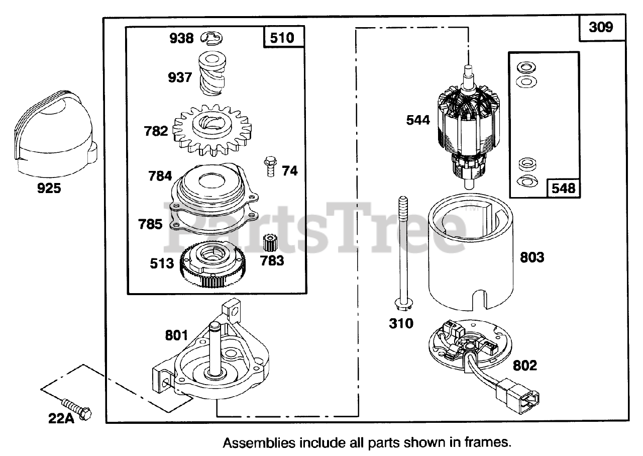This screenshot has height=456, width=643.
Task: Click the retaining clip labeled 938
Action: click(213, 37)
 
